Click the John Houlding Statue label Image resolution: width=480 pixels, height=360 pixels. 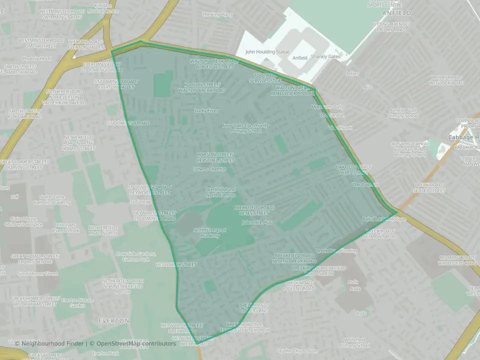(267, 52)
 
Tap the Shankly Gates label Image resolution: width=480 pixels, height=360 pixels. (325, 57)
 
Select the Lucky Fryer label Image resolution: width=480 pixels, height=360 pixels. (206, 110)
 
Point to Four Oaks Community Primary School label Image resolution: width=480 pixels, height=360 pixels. (246, 128)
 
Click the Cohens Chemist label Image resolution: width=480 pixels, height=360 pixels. (209, 169)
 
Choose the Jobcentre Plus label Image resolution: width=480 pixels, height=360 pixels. (256, 222)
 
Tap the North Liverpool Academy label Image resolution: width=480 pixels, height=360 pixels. (209, 232)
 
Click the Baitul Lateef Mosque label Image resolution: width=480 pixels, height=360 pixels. (384, 219)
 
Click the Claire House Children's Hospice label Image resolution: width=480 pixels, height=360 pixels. (29, 221)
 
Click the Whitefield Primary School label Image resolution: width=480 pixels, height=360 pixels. (354, 342)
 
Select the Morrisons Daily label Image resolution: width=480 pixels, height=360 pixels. (327, 107)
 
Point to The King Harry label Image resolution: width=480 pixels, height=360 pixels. (217, 14)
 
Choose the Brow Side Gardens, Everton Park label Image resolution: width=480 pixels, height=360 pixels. (135, 256)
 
